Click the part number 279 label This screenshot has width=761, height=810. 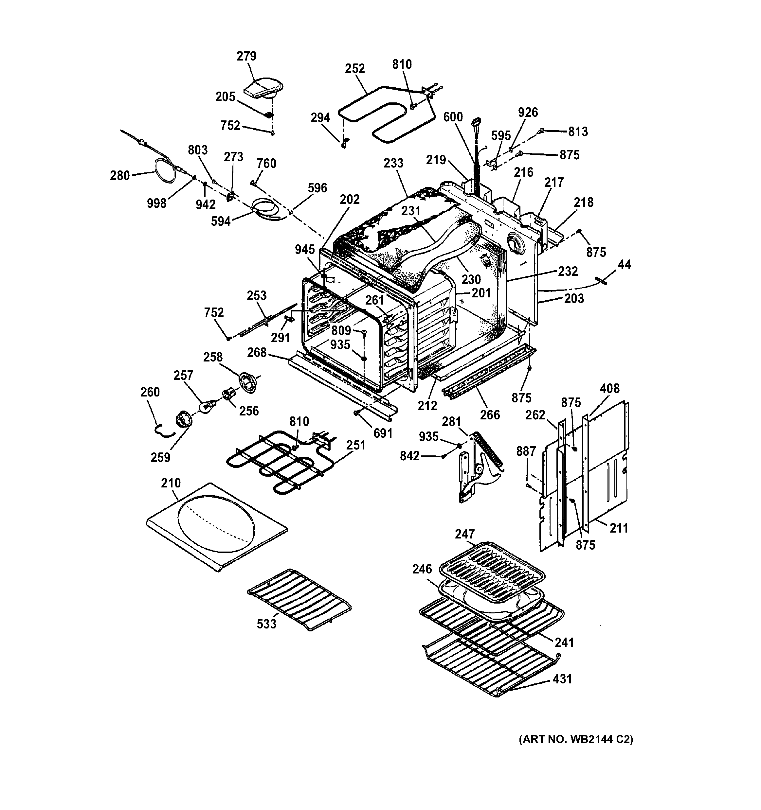pyautogui.click(x=246, y=56)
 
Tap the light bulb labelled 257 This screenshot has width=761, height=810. pyautogui.click(x=207, y=406)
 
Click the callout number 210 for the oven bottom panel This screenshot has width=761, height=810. pyautogui.click(x=171, y=483)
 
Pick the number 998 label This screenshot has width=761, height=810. pyautogui.click(x=156, y=203)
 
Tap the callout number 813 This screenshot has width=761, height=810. pyautogui.click(x=578, y=131)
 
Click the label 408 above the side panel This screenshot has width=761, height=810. pyautogui.click(x=609, y=388)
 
